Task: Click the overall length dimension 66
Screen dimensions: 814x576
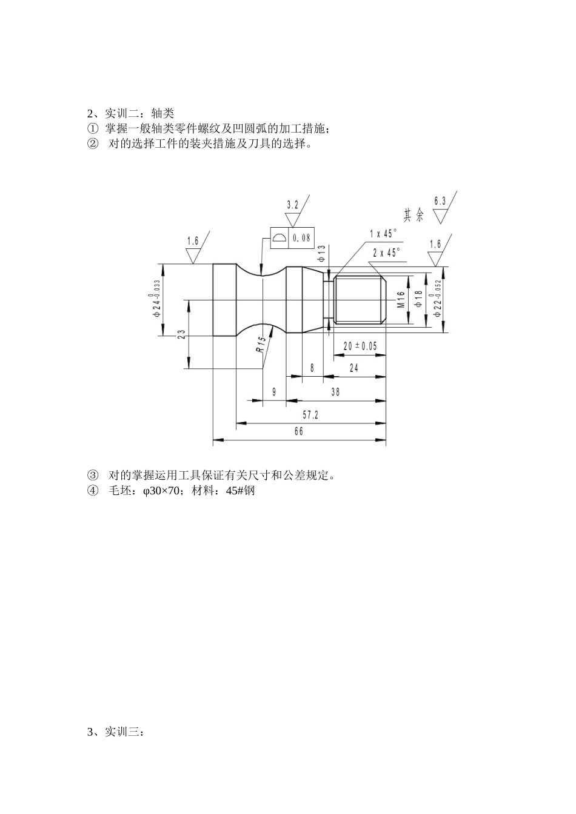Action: [298, 432]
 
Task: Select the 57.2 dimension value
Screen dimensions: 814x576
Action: [310, 415]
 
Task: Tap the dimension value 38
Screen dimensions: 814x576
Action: [335, 392]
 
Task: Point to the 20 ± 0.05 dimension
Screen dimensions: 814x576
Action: [360, 346]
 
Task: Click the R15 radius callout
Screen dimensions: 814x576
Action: [260, 345]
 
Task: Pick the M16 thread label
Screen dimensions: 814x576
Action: [401, 300]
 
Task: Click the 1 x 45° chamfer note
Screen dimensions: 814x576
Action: [383, 234]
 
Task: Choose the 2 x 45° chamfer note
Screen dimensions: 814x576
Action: [386, 253]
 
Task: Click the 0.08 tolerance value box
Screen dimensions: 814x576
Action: [301, 238]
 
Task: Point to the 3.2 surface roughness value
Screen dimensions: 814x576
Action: [292, 205]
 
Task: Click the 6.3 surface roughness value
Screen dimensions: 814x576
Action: [440, 200]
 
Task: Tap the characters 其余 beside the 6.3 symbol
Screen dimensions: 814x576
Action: [414, 215]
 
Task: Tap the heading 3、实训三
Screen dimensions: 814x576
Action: [116, 732]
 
